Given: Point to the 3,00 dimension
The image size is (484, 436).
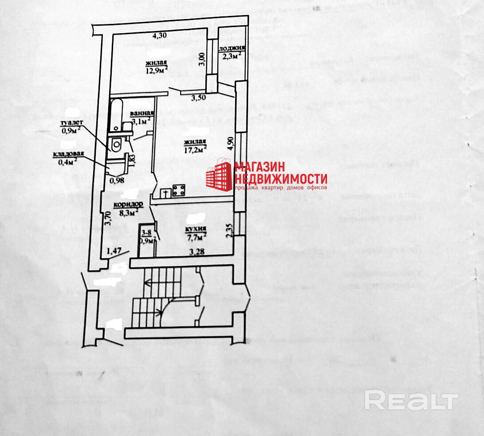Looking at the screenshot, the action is (202, 59).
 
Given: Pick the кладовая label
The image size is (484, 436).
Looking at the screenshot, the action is (69, 154).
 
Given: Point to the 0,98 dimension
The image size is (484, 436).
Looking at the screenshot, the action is (117, 180).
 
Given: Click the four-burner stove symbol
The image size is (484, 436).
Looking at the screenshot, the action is (178, 191).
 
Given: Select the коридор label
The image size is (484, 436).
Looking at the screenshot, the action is (128, 204).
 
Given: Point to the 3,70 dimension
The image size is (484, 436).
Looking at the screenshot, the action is (106, 218).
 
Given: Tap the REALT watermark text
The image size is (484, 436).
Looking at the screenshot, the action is (411, 401).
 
